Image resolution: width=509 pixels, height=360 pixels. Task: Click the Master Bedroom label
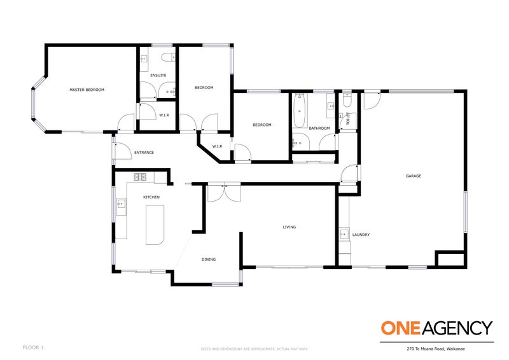click(x=87, y=90)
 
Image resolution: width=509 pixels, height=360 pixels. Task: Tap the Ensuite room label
click(x=158, y=76)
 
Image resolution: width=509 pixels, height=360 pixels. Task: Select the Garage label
click(x=414, y=176)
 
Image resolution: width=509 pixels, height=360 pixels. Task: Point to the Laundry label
click(x=361, y=235)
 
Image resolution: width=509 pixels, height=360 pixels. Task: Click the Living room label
click(x=289, y=227)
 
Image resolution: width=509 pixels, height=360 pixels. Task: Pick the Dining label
click(x=209, y=260)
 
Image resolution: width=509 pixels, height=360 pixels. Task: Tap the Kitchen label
click(x=151, y=198)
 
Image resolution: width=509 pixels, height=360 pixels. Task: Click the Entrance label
click(x=143, y=153)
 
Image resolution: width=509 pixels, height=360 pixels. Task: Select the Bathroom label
click(x=319, y=128)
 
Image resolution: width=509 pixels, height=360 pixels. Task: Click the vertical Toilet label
click(x=348, y=118)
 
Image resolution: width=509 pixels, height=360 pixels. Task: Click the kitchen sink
click(x=120, y=205)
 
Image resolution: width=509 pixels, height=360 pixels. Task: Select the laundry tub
click(x=344, y=233)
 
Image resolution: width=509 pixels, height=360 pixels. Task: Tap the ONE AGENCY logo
click(x=436, y=328)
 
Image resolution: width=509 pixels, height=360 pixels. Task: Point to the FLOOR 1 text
click(x=33, y=348)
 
